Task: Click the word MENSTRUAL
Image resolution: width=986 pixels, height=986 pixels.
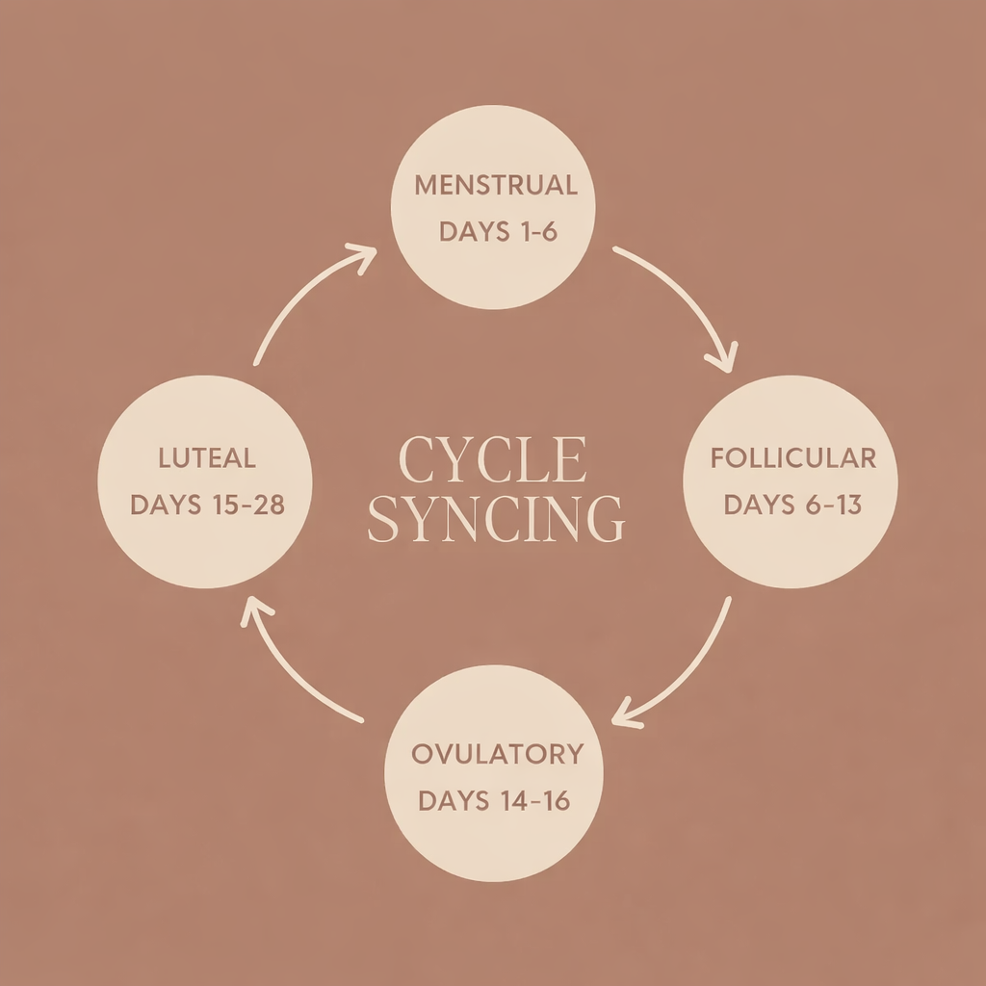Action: tap(496, 185)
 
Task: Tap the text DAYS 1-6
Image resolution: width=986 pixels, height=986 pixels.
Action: tap(498, 233)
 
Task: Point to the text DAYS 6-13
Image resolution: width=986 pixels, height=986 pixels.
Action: tap(792, 505)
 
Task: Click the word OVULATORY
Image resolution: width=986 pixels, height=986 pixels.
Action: tap(497, 753)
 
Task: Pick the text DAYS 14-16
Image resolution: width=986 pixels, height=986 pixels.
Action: tap(494, 801)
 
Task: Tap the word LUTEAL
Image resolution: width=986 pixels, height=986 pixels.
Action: tap(207, 456)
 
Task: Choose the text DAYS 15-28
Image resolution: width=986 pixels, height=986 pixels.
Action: tap(207, 505)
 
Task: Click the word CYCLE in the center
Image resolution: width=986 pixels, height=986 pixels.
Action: tap(492, 461)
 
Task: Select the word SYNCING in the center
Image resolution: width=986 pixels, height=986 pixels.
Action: tap(496, 519)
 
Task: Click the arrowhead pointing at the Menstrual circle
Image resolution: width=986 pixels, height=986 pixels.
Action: tap(364, 254)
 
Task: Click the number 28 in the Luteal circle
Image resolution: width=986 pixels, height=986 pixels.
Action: tap(265, 505)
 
